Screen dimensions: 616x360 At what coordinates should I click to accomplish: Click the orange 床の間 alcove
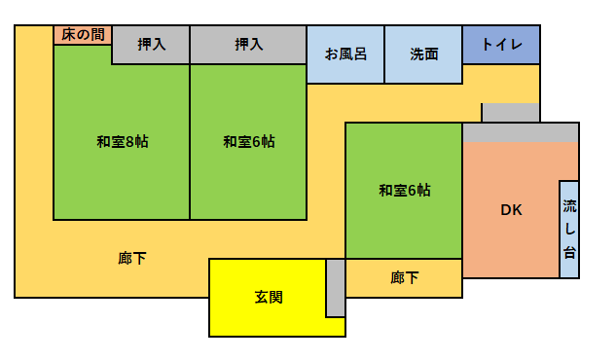83,35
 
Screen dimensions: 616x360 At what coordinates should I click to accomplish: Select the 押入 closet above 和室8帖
151,45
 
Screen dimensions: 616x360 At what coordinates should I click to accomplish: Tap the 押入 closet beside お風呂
248,45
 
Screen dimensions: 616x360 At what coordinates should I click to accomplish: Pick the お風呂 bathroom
345,54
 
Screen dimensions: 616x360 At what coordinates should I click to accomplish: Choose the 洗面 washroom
423,54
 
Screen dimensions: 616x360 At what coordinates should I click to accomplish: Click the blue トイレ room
501,45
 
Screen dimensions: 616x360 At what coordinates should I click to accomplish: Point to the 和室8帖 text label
122,142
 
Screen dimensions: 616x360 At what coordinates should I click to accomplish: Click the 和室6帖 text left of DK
404,191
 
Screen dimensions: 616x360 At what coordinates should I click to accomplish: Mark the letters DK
511,210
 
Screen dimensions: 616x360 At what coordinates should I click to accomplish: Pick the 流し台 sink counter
569,230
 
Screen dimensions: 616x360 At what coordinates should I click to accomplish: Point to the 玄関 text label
268,298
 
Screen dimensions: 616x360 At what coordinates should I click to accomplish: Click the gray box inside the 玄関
335,288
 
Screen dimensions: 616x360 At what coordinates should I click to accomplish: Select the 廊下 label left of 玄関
132,259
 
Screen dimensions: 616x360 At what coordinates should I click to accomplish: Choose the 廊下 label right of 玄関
404,278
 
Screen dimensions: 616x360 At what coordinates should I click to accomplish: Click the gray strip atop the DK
521,132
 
